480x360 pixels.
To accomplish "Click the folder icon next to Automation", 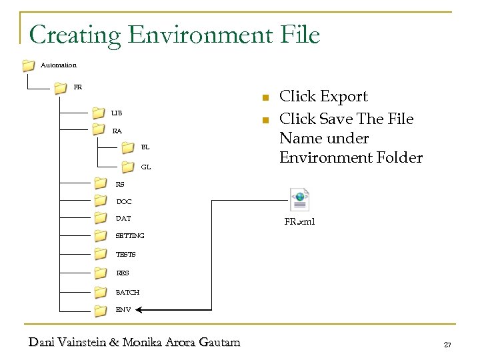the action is tap(28, 65).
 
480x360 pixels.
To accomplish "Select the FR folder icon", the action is tap(60, 87).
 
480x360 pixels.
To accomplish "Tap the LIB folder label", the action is tap(117, 113).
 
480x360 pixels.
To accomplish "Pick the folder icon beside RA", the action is tap(98, 129).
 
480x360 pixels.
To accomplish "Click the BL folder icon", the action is tap(128, 147).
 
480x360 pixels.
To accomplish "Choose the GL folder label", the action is tap(145, 166).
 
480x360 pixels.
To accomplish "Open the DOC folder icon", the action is tap(101, 201).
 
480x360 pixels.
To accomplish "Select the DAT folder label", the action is tap(123, 218).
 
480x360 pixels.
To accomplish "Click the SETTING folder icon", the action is tap(101, 235).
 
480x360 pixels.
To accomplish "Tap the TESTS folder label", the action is tap(125, 254).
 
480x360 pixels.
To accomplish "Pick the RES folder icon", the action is tap(101, 272).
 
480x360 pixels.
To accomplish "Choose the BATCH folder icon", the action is tap(101, 291).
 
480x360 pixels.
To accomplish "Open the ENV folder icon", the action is tap(101, 309).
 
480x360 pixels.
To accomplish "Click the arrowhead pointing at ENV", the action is tap(143, 309).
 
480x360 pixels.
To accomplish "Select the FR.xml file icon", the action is tap(299, 199).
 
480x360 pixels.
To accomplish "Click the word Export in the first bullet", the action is tap(343, 97).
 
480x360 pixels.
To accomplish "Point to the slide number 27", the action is tap(447, 344).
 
